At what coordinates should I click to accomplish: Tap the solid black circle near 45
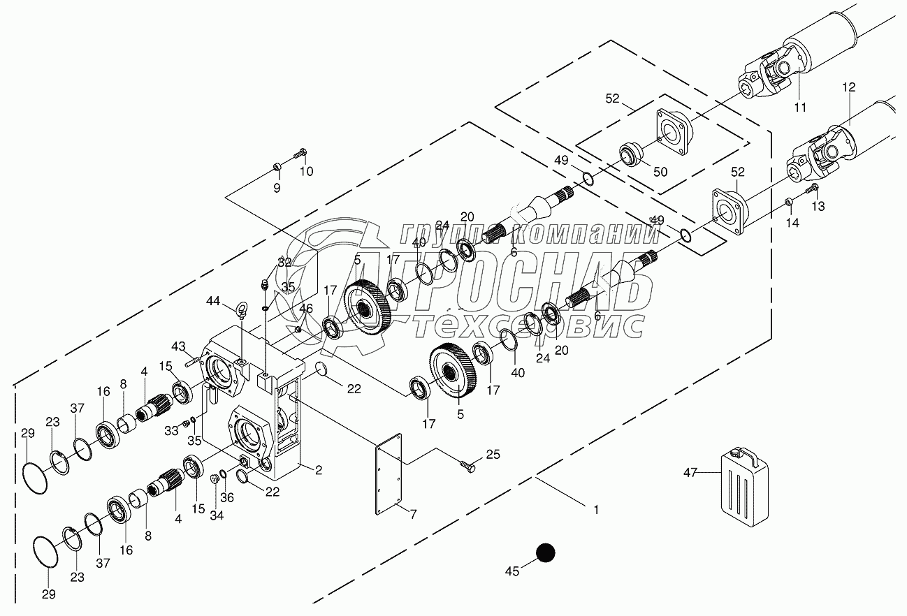pyautogui.click(x=545, y=553)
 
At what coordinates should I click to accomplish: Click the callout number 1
pyautogui.click(x=595, y=510)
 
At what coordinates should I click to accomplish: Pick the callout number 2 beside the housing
pyautogui.click(x=318, y=470)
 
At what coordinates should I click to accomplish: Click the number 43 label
pyautogui.click(x=180, y=346)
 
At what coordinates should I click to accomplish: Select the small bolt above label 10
pyautogui.click(x=301, y=151)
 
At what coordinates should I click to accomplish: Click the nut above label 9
pyautogui.click(x=277, y=167)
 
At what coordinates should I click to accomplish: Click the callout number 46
pyautogui.click(x=306, y=307)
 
